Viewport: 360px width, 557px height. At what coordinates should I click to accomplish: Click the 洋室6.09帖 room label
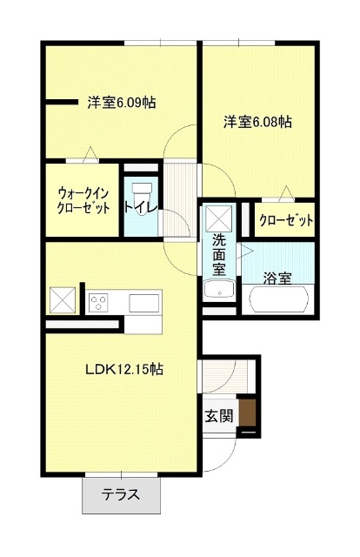tap(122, 103)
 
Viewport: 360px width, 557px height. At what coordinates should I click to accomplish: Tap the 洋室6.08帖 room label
tap(257, 122)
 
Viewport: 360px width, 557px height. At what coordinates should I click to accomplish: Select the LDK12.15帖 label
tap(124, 369)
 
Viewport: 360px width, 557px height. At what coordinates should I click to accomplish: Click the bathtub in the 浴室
tap(279, 299)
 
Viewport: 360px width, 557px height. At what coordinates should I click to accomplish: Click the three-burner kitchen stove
tap(99, 303)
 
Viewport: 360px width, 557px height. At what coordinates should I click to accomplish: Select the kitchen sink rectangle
tap(143, 303)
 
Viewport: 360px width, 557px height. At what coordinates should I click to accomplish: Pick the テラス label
tap(121, 494)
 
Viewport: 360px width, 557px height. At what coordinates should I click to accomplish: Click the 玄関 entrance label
tap(219, 415)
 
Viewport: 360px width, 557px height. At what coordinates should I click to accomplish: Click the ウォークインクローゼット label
tap(83, 200)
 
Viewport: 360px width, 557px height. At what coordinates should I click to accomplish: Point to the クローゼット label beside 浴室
tap(286, 220)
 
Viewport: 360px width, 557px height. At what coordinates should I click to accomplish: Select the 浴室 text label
tap(277, 278)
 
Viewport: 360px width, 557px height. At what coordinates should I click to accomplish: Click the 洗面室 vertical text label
tap(219, 255)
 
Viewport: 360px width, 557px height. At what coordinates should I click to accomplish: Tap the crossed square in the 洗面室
tap(219, 218)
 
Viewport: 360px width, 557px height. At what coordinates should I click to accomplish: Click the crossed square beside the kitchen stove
tap(63, 299)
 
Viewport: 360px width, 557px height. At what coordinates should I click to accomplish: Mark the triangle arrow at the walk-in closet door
tap(91, 155)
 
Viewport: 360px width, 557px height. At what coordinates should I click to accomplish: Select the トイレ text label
tap(141, 208)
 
